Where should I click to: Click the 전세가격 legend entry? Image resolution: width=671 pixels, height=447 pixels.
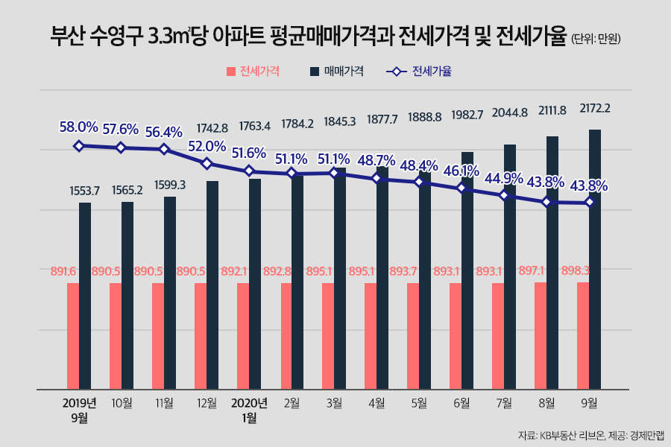[x=253, y=72]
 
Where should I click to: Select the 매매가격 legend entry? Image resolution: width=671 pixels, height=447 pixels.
[x=336, y=72]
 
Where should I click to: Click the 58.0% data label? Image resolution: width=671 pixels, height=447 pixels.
[x=79, y=127]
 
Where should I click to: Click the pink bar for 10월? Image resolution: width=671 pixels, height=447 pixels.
[x=116, y=335]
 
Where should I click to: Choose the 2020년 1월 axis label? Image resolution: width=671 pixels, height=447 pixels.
[x=249, y=410]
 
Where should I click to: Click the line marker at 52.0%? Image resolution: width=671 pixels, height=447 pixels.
[x=207, y=163]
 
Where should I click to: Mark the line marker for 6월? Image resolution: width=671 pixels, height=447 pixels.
[x=461, y=188]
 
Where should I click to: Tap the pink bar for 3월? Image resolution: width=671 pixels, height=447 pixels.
[x=328, y=335]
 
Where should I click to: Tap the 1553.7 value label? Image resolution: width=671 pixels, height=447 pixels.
[x=85, y=191]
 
